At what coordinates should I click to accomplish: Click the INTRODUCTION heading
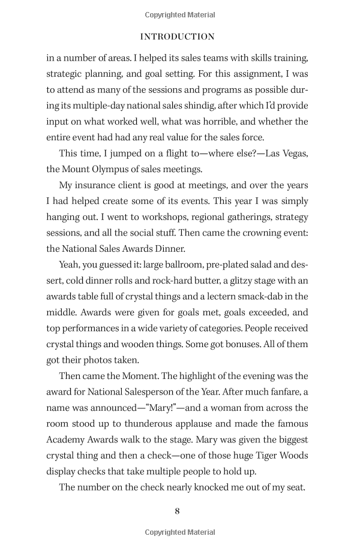coord(177,37)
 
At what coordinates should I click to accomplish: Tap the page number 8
coord(177,511)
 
